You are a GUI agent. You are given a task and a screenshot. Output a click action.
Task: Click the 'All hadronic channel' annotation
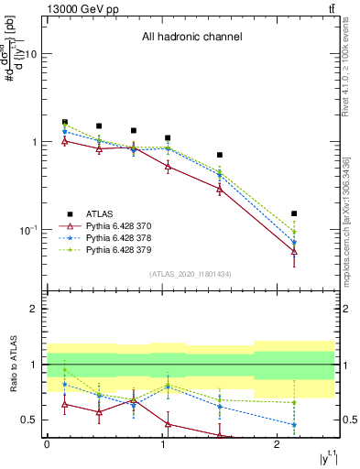[191, 37]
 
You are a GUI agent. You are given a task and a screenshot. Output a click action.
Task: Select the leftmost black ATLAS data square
[64, 122]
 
